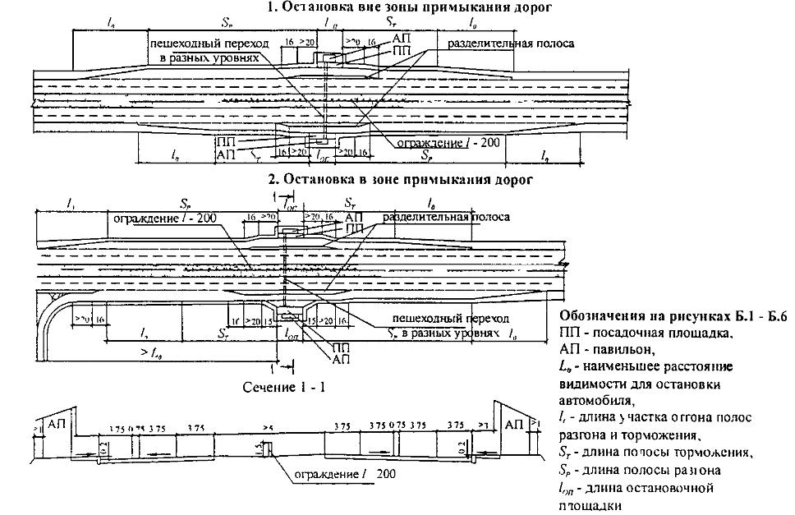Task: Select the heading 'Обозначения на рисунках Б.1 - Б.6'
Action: coord(673,317)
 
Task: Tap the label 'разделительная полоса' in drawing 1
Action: coord(505,42)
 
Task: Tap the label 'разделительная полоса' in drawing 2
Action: coord(447,217)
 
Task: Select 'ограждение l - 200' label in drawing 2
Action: coord(162,218)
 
